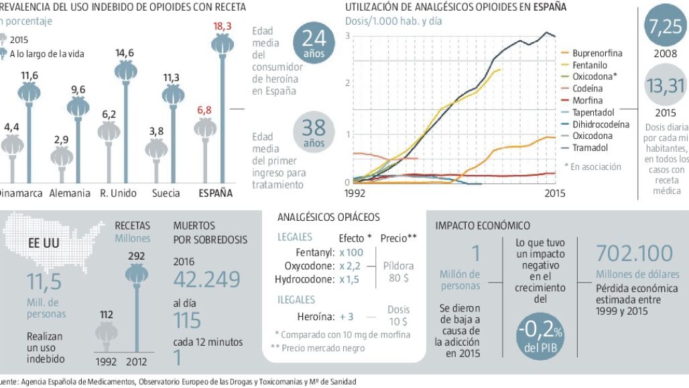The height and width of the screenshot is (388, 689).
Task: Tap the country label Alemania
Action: pyautogui.click(x=69, y=193)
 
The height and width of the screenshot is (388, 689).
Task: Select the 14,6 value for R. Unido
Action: pyautogui.click(x=125, y=52)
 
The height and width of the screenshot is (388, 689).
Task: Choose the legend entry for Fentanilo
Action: pyautogui.click(x=590, y=65)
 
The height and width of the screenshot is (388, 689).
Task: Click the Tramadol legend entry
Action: pyautogui.click(x=589, y=147)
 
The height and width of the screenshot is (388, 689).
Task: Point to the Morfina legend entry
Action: pyautogui.click(x=587, y=100)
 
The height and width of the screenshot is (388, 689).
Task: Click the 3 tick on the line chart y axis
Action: pyautogui.click(x=348, y=35)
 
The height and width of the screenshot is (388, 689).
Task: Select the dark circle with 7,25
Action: pyautogui.click(x=664, y=26)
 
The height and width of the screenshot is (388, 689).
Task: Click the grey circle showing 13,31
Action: pyautogui.click(x=665, y=86)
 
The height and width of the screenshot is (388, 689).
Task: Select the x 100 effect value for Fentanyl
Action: pyautogui.click(x=351, y=253)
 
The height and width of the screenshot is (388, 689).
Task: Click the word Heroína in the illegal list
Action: pyautogui.click(x=315, y=316)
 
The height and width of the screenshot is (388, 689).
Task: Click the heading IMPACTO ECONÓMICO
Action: pyautogui.click(x=483, y=226)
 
